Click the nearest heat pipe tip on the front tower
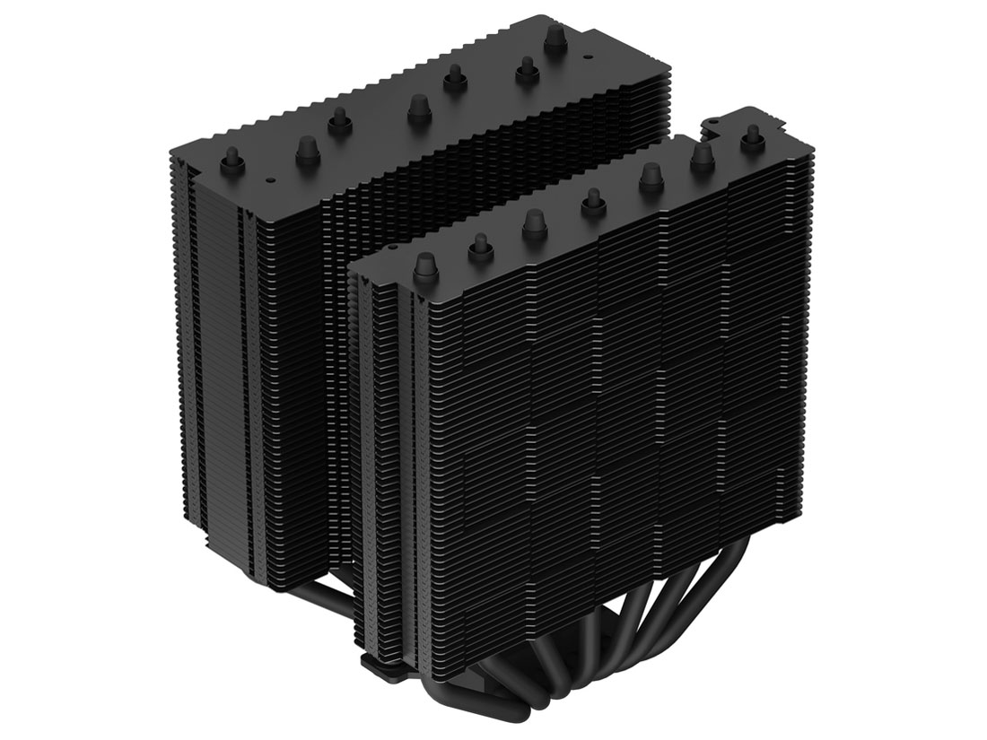click(x=425, y=266)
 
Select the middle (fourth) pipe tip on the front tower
click(x=593, y=202)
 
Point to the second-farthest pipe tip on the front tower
click(x=702, y=159)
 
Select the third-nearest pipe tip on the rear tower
click(x=339, y=119)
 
